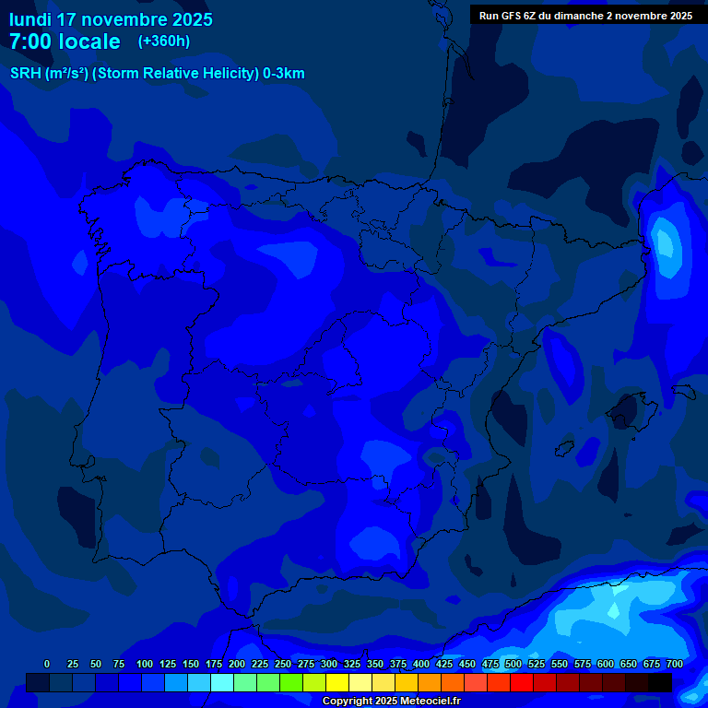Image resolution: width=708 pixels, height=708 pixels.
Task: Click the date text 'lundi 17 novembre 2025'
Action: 111,19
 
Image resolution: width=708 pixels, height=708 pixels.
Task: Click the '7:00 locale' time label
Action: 65,41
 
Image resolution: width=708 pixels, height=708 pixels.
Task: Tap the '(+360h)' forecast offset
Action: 163,41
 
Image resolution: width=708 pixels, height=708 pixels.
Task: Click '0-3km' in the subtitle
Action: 284,74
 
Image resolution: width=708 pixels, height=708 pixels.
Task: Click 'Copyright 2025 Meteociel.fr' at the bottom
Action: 391,702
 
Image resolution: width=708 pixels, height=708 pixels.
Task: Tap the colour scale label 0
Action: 47,664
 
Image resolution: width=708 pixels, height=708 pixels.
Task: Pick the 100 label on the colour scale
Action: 145,664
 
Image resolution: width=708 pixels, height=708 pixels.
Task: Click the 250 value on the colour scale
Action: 283,664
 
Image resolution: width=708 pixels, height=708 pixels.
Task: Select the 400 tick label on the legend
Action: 421,664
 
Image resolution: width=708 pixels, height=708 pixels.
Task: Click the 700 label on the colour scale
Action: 675,664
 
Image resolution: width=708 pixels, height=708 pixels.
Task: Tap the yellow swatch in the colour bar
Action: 337,682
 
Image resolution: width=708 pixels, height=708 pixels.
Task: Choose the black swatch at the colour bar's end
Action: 660,682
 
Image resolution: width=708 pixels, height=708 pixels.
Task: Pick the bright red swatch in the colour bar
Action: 522,682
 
